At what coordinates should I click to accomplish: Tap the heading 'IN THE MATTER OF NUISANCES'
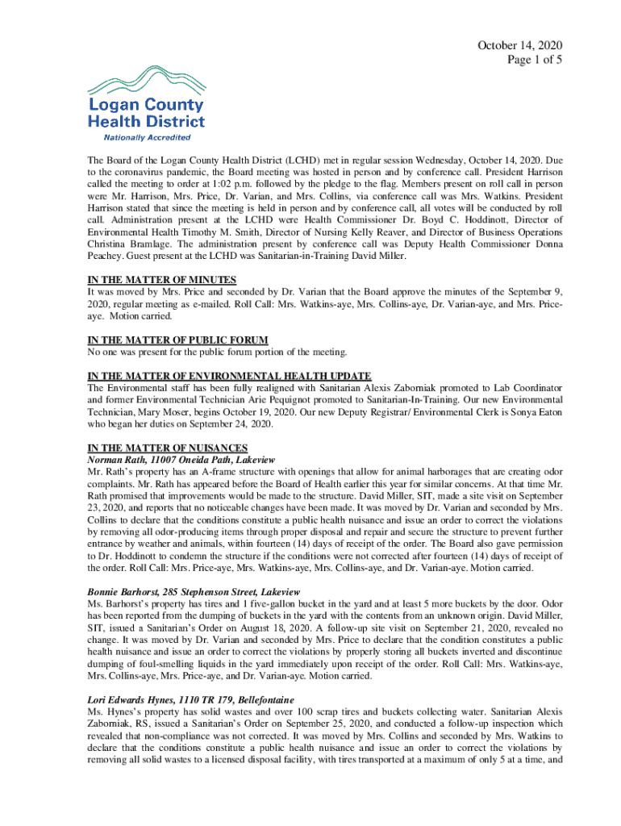167,448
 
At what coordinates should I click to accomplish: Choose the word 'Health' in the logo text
114,121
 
